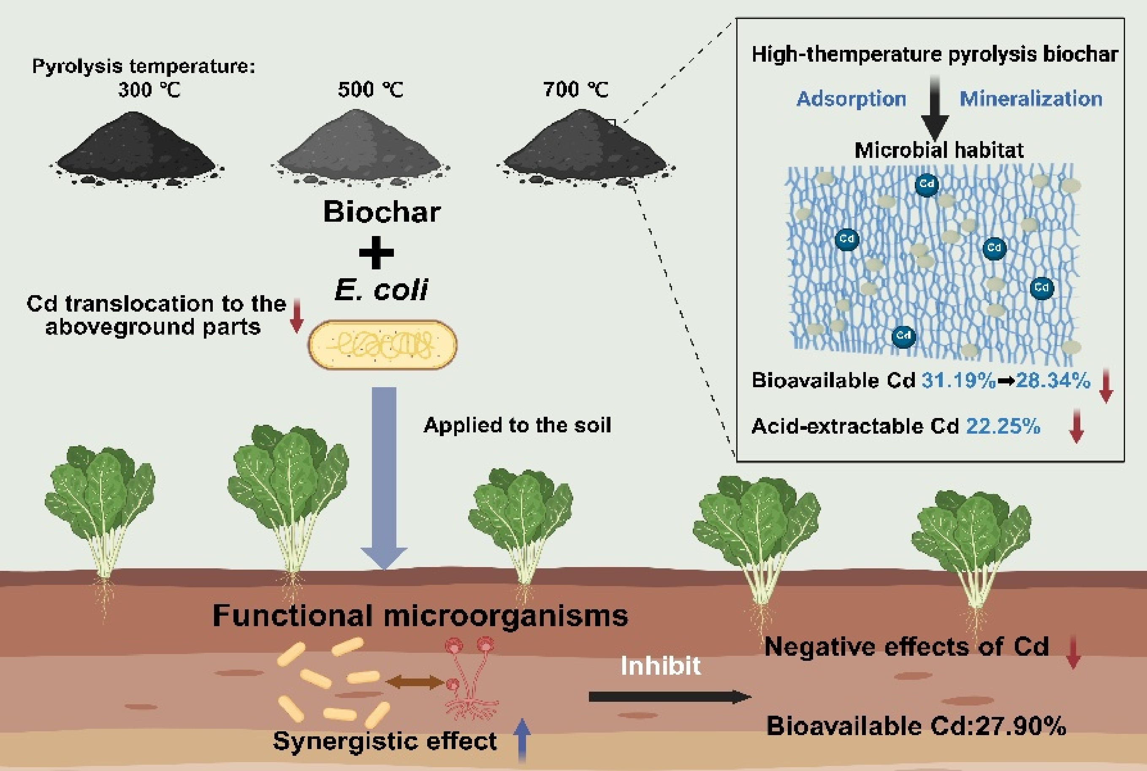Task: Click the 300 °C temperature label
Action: click(x=149, y=90)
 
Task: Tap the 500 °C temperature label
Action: click(x=370, y=90)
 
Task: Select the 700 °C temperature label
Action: click(x=576, y=90)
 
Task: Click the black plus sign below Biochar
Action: click(x=376, y=252)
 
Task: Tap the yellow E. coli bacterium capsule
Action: click(x=382, y=345)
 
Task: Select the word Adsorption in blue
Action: click(x=851, y=99)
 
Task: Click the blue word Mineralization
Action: click(x=1031, y=99)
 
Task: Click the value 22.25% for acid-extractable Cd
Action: click(x=1003, y=426)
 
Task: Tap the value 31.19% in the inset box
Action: click(x=958, y=380)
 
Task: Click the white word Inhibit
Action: click(x=660, y=666)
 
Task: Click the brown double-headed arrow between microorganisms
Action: click(x=415, y=682)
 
